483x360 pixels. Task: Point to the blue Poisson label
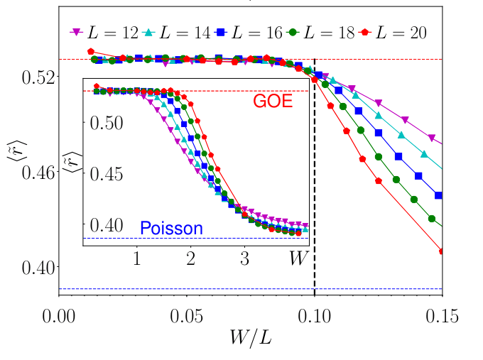[171, 229]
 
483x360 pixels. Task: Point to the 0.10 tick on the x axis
[315, 314]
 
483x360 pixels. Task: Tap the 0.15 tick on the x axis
[442, 314]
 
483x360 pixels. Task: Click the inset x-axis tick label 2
[191, 258]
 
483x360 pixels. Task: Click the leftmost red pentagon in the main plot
[90, 51]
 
